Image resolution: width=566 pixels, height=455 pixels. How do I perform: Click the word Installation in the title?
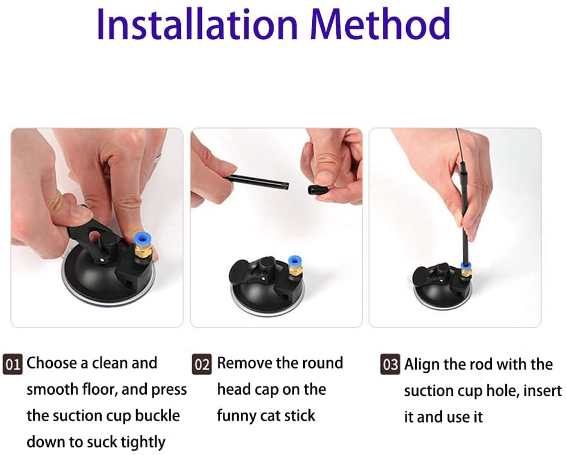coord(197,24)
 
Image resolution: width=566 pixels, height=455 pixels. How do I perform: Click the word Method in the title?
coord(380,24)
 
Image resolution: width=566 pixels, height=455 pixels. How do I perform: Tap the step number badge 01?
coord(13,363)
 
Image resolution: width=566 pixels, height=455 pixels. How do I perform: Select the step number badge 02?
coord(202,363)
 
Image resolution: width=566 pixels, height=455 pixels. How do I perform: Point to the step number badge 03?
coord(390,364)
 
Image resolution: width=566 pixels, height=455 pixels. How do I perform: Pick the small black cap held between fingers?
coord(318,189)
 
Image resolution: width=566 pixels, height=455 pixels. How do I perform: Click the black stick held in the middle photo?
coord(258,181)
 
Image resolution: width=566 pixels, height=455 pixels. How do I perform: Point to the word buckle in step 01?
coord(158,415)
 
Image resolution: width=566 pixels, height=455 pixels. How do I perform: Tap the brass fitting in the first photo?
coord(143,252)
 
